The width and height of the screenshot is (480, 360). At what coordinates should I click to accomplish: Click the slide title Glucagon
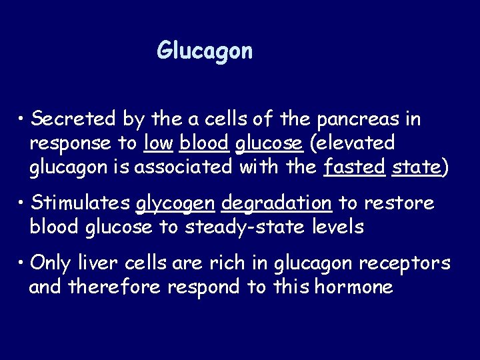205,51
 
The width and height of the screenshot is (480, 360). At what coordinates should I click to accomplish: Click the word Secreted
74,119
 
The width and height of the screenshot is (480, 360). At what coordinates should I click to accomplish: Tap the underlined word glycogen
175,203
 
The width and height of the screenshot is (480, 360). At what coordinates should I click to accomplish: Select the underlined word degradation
276,202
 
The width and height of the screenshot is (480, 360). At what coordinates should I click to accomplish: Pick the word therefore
111,287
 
